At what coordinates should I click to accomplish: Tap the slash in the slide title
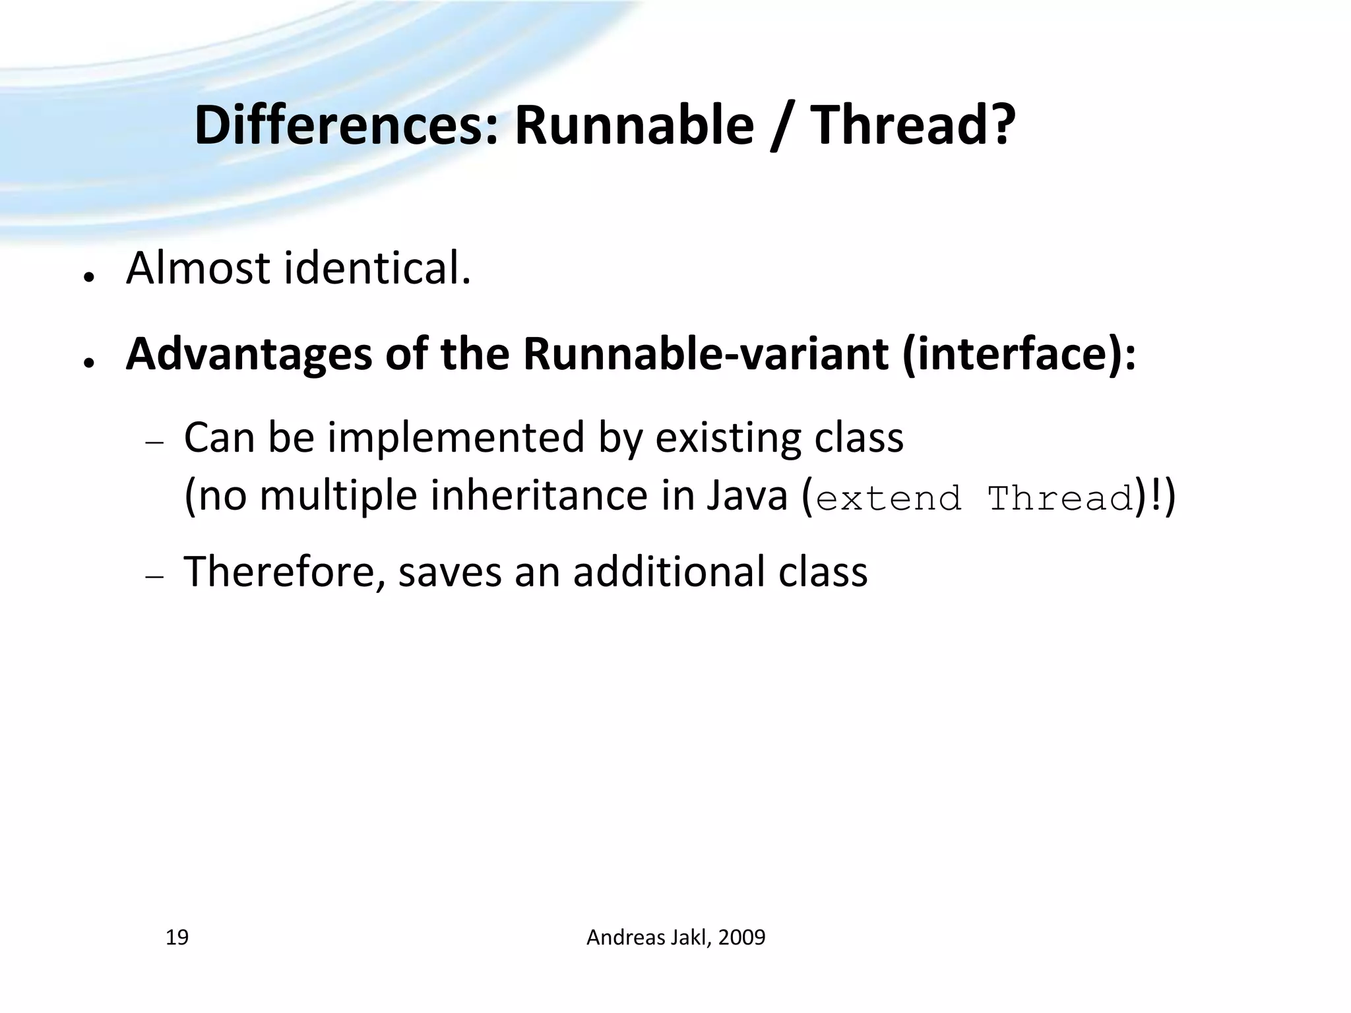[782, 127]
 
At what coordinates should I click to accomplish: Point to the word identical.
[378, 269]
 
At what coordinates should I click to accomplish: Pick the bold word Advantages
[248, 355]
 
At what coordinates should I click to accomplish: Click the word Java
[747, 496]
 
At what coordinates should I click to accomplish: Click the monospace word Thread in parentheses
[1060, 499]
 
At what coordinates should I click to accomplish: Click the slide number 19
[177, 937]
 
